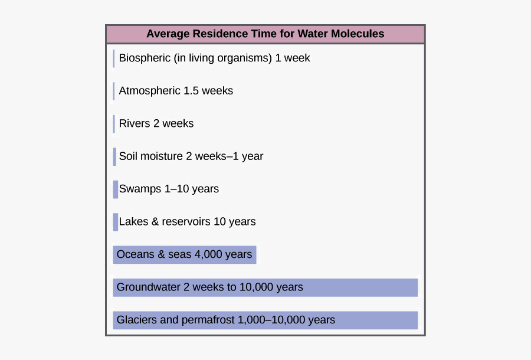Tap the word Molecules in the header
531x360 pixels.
[358, 34]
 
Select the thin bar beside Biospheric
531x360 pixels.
[114, 58]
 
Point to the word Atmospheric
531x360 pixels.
[150, 91]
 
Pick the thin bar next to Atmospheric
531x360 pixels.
[114, 91]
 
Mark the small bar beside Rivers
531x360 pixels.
[114, 124]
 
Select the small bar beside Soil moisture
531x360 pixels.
[114, 156]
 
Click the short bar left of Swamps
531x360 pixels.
[115, 189]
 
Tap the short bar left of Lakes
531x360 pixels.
[115, 222]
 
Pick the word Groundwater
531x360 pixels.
[149, 287]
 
